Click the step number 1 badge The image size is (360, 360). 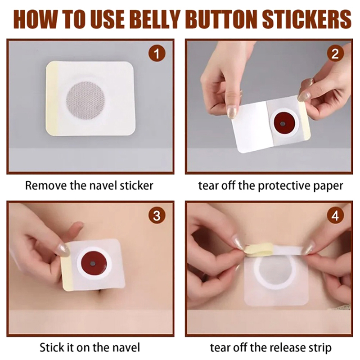click(157, 54)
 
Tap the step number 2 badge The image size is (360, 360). click(335, 54)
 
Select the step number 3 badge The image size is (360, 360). click(157, 216)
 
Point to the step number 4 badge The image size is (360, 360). click(335, 216)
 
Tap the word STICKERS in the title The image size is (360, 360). click(306, 19)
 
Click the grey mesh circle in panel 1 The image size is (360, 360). click(85, 100)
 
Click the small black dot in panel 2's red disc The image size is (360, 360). click(283, 124)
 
